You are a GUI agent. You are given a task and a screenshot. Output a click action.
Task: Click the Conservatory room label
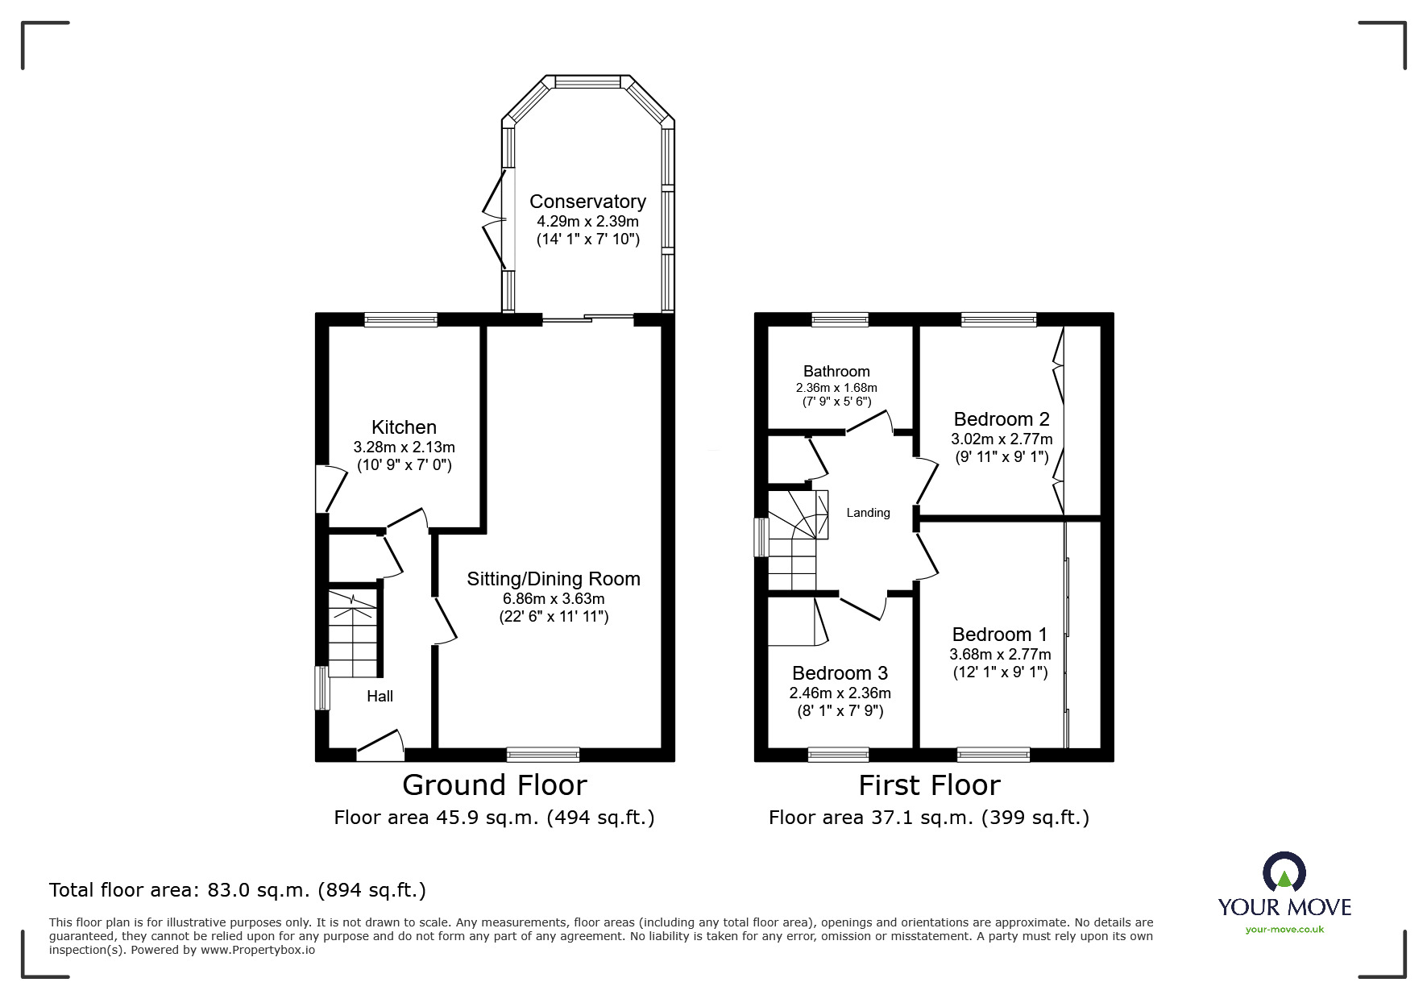(x=587, y=202)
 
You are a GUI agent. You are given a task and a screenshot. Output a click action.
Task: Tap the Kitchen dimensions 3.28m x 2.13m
(x=404, y=447)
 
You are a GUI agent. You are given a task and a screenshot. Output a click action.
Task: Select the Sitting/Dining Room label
(x=554, y=579)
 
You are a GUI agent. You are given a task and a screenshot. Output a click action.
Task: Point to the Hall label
(x=380, y=696)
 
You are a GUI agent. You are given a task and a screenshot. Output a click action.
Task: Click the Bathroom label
(x=836, y=372)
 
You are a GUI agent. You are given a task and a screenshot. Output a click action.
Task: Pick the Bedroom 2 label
(x=1002, y=419)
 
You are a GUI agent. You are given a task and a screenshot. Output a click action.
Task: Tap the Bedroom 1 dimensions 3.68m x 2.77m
(x=1000, y=655)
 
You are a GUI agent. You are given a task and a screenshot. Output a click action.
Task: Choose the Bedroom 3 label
(x=840, y=673)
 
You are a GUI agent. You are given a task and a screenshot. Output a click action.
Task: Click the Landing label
(x=868, y=513)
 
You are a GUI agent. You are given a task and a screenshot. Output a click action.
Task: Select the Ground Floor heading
(x=495, y=785)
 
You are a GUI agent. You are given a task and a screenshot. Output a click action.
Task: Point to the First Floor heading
(x=929, y=785)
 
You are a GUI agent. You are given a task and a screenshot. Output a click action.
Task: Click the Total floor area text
(x=238, y=890)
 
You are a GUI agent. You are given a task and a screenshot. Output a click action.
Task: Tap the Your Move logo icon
(x=1284, y=872)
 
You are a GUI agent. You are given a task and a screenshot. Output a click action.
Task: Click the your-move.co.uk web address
(x=1284, y=930)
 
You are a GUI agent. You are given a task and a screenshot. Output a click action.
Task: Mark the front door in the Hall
(x=380, y=746)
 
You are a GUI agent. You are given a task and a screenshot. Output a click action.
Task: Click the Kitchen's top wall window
(x=400, y=320)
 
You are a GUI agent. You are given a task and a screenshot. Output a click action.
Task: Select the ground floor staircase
(x=353, y=634)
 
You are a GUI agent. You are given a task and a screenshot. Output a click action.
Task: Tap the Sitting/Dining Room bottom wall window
(x=543, y=755)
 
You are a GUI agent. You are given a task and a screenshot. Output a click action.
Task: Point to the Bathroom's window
(x=840, y=320)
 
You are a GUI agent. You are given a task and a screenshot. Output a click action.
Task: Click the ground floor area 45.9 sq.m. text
(x=494, y=818)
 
